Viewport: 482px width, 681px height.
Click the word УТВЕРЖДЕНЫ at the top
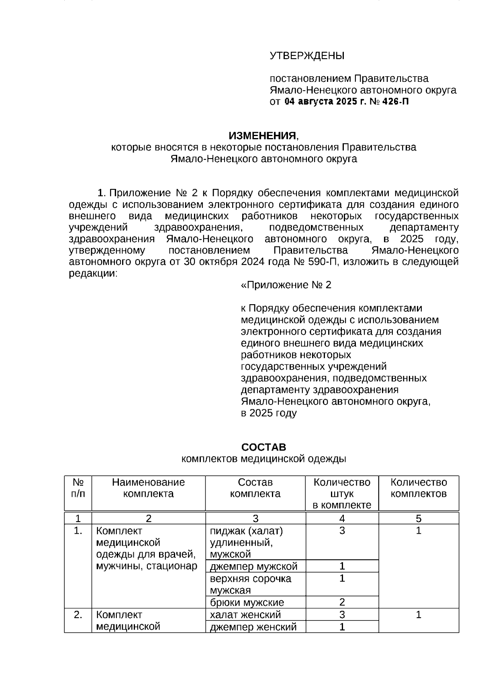pyautogui.click(x=306, y=56)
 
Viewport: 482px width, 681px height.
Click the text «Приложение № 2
pyautogui.click(x=286, y=285)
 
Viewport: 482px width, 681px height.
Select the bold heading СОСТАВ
pyautogui.click(x=263, y=447)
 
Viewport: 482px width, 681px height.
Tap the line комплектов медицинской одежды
pyautogui.click(x=263, y=459)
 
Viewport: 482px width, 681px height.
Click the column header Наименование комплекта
pyautogui.click(x=148, y=488)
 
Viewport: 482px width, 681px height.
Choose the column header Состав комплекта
pyautogui.click(x=255, y=488)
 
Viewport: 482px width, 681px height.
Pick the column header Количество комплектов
pyautogui.click(x=419, y=488)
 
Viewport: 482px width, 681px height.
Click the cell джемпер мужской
pyautogui.click(x=254, y=567)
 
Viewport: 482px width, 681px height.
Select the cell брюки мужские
pyautogui.click(x=247, y=602)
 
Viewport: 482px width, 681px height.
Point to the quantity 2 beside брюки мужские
pyautogui.click(x=342, y=602)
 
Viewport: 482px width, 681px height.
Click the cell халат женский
pyautogui.click(x=245, y=615)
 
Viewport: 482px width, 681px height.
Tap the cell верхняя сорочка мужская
pyautogui.click(x=251, y=584)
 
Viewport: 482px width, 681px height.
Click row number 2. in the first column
pyautogui.click(x=78, y=615)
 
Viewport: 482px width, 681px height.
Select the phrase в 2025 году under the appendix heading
pyautogui.click(x=268, y=413)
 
